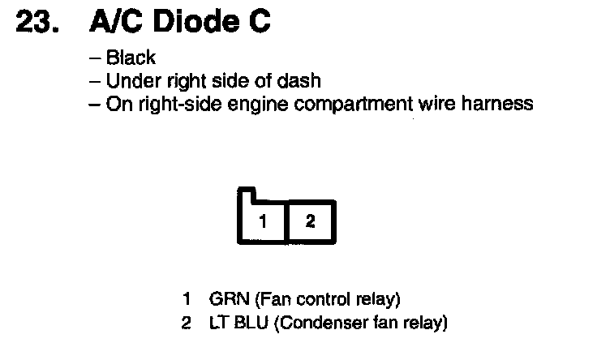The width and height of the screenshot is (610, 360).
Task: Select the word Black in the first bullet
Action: click(x=131, y=58)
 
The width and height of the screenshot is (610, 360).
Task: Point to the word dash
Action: click(x=301, y=81)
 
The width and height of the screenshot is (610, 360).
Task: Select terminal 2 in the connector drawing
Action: click(x=310, y=221)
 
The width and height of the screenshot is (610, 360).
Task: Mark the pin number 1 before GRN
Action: click(x=187, y=299)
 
